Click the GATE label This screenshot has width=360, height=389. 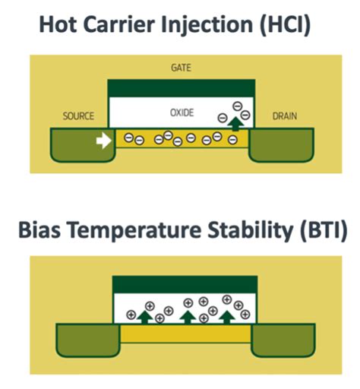click(181, 68)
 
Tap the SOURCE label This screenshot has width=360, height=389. click(78, 116)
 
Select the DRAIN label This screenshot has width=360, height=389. click(285, 116)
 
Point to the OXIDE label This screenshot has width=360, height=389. click(182, 112)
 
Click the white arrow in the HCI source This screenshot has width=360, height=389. click(104, 141)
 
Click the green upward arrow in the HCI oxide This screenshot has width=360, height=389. click(235, 124)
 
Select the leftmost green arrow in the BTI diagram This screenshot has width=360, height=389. click(144, 318)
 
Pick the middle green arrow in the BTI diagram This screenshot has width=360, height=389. click(188, 318)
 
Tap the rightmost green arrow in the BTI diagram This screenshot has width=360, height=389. click(227, 318)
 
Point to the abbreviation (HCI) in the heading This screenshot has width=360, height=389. click(285, 25)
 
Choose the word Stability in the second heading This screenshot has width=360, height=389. click(250, 230)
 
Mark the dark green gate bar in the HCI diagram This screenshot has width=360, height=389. click(182, 88)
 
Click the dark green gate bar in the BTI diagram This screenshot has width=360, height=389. click(185, 285)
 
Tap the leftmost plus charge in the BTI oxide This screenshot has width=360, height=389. click(131, 315)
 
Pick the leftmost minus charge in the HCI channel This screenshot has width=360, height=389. click(128, 138)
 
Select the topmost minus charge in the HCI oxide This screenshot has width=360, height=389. click(237, 106)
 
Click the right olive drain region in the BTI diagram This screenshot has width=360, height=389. click(283, 340)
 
